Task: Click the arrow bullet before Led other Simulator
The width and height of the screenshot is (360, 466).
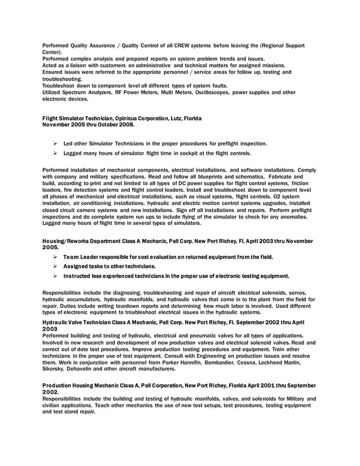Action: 56,143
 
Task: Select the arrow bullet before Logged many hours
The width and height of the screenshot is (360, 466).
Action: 56,153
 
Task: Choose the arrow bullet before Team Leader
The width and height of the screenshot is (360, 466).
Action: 56,257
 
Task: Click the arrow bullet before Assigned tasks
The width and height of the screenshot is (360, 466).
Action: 56,266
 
